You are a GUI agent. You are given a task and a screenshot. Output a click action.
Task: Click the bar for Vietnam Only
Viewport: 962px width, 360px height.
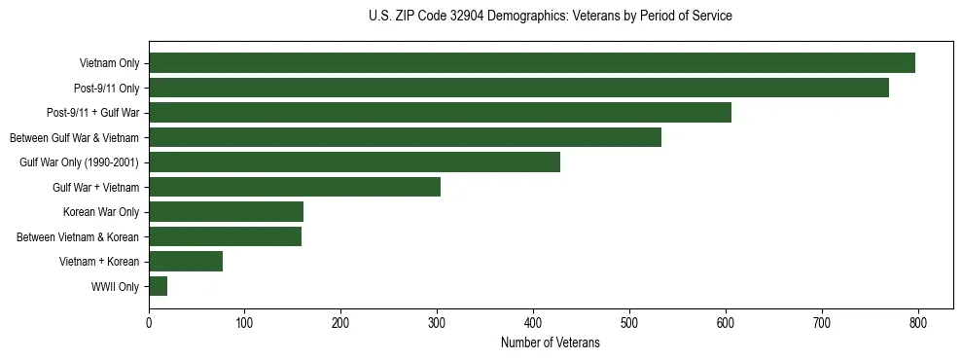click(532, 63)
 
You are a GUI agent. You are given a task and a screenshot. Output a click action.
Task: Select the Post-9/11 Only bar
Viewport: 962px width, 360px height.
click(518, 88)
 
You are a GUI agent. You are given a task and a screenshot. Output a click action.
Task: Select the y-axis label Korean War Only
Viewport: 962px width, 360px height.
click(101, 212)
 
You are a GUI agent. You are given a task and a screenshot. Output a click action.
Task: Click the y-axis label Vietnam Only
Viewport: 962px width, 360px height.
click(109, 64)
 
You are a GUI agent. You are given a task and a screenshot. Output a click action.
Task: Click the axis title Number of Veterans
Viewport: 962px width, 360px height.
click(550, 342)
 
